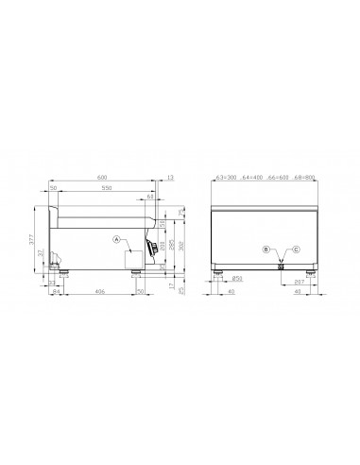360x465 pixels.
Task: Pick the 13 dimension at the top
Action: pos(170,176)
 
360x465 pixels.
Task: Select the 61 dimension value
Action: pos(152,197)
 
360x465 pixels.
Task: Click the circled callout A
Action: pos(116,240)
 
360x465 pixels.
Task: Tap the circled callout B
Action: pos(266,250)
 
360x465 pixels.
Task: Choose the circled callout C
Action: pos(296,250)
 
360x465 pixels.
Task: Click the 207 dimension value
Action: pos(300,282)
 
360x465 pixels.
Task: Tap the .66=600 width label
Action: pos(280,176)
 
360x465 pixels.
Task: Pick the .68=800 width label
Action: pos(305,176)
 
